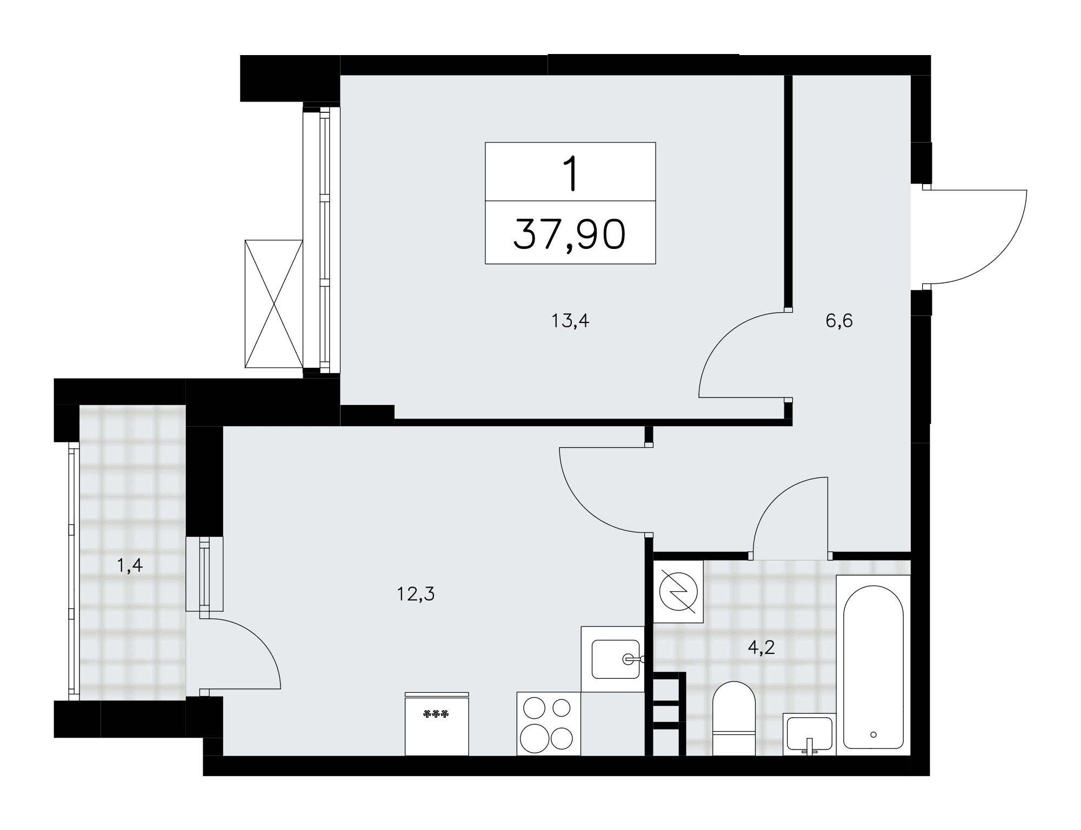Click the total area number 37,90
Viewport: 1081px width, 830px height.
click(x=570, y=234)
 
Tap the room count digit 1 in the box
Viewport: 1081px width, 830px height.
click(x=570, y=173)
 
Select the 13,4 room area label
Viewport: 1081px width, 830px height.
click(x=570, y=321)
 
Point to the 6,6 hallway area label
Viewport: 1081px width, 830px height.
click(x=839, y=321)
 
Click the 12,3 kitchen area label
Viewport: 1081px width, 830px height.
click(x=416, y=594)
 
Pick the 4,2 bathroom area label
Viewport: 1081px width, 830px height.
click(x=761, y=647)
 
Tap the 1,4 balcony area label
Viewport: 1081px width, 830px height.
click(x=130, y=565)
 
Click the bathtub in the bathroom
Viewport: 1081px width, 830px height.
click(x=873, y=665)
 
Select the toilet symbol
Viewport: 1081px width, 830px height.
click(x=733, y=719)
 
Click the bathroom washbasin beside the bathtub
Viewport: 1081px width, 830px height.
click(x=809, y=734)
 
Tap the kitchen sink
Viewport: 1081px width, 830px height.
click(x=616, y=659)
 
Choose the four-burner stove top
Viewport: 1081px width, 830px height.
click(x=549, y=724)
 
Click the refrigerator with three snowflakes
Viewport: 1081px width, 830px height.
click(x=437, y=724)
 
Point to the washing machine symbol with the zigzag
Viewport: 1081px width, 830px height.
click(x=678, y=592)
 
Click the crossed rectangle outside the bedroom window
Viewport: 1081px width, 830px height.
click(x=273, y=303)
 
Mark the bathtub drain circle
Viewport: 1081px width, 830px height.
click(x=873, y=734)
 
